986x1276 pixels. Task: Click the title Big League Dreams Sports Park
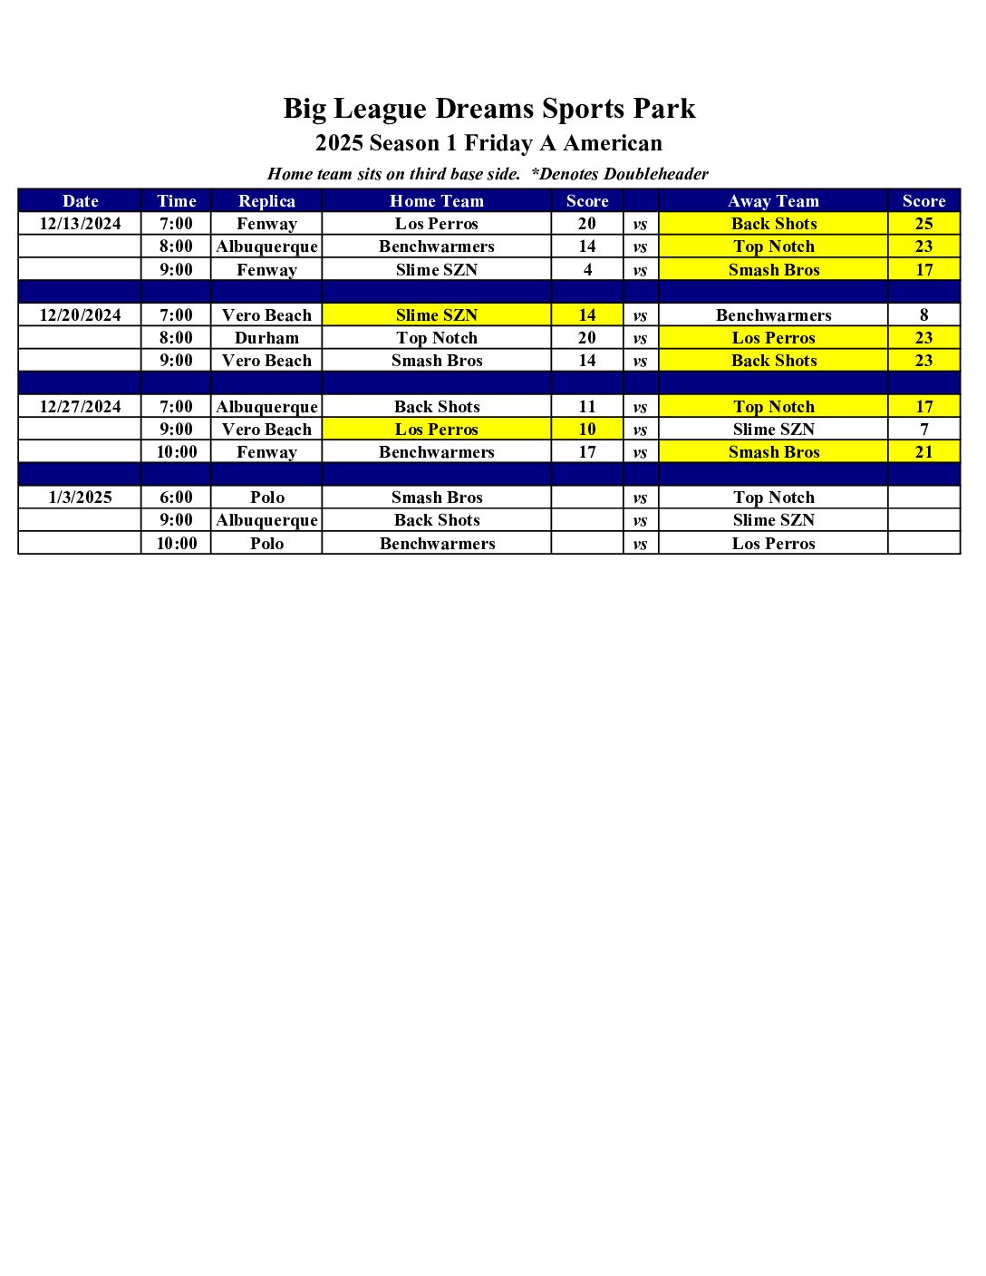tap(489, 109)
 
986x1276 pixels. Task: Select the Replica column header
tap(266, 201)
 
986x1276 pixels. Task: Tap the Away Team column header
tap(773, 201)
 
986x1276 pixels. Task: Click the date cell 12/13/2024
tap(80, 224)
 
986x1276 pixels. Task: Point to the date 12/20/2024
tap(80, 315)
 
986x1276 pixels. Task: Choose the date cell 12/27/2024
tap(80, 407)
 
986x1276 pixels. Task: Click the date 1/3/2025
tap(80, 498)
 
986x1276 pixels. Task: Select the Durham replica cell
tap(266, 338)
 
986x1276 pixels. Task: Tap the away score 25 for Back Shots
tap(923, 224)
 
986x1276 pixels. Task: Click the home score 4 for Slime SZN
tap(587, 270)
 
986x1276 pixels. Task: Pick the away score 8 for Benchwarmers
tap(923, 315)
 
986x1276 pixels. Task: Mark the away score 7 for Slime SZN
tap(923, 430)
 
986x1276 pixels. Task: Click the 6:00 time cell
tap(176, 498)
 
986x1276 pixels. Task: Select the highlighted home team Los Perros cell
tap(437, 430)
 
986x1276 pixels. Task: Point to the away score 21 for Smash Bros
tap(923, 452)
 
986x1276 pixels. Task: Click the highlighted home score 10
tap(587, 430)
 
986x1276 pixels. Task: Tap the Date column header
tap(80, 201)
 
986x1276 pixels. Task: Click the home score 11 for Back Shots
tap(587, 407)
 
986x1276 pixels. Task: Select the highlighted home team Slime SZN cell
tap(437, 315)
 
